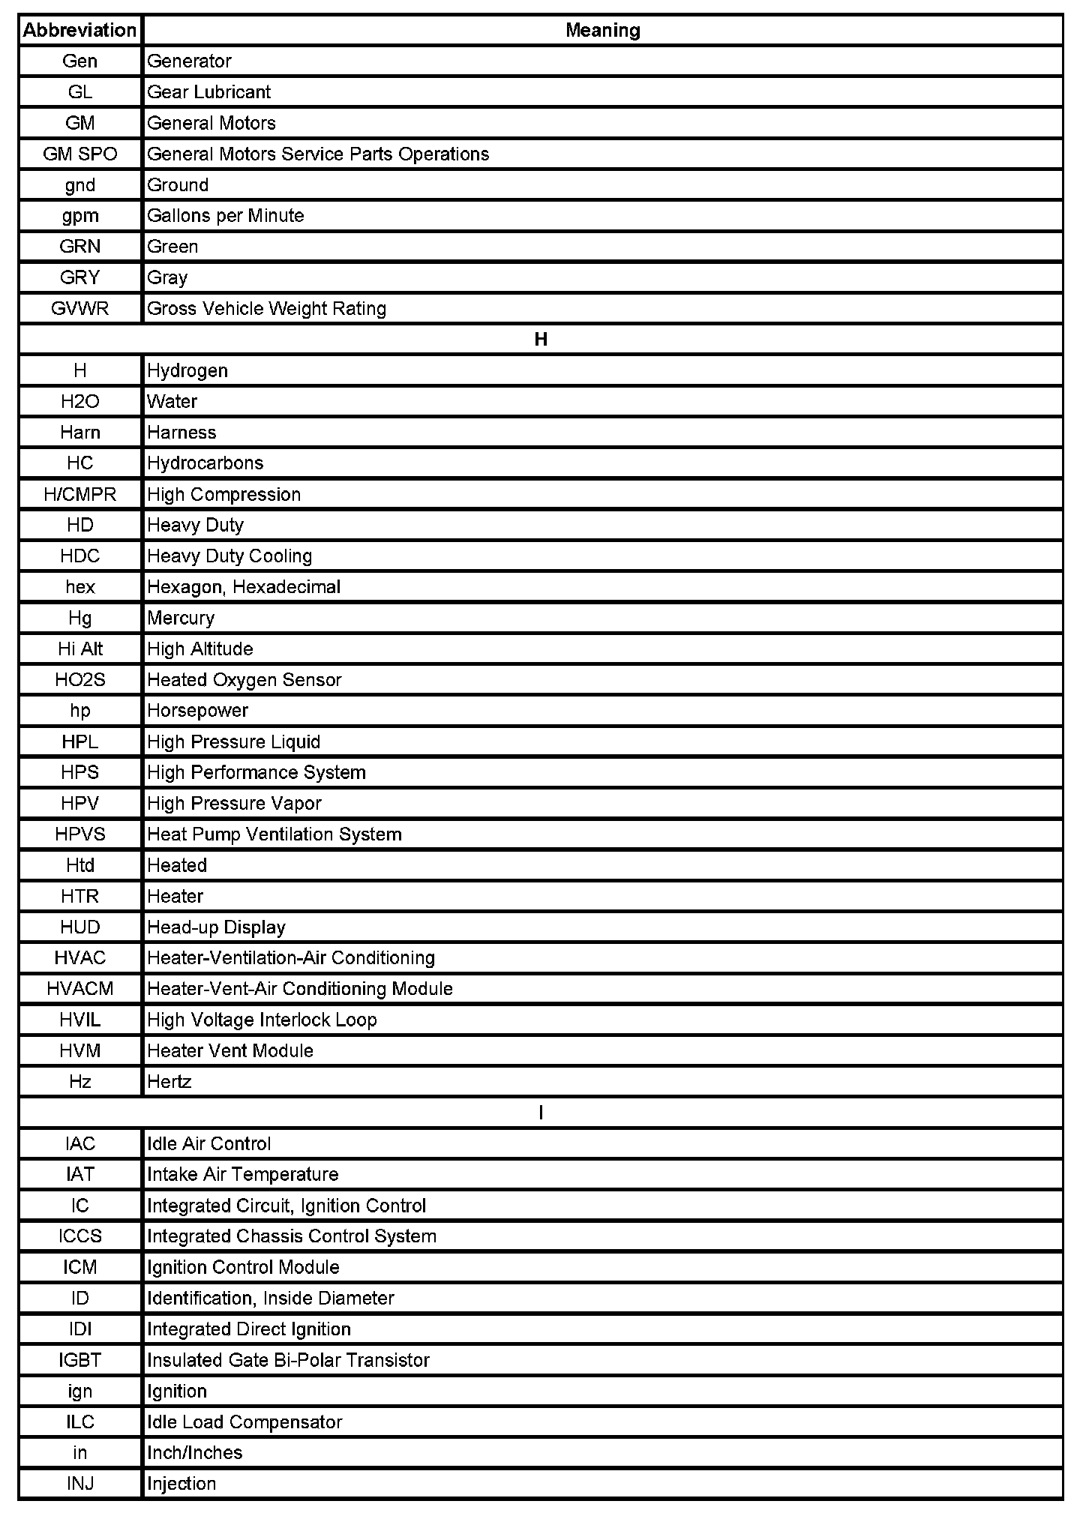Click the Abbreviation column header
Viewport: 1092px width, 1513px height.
pos(79,30)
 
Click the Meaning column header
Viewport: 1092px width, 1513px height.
pos(602,30)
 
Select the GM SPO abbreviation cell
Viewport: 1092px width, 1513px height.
pos(79,154)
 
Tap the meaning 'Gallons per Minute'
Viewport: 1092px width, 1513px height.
pos(225,216)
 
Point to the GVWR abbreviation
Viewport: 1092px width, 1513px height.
pos(79,308)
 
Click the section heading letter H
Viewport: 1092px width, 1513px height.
pos(541,340)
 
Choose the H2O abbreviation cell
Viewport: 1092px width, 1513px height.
pos(79,401)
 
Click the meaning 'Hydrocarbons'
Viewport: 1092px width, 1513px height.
pos(205,463)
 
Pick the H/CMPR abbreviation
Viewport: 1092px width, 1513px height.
pos(79,494)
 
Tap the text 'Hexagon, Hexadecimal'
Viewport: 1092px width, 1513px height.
pos(243,587)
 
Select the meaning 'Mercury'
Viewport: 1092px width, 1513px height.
pos(181,618)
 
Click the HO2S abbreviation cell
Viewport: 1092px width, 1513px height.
pos(79,680)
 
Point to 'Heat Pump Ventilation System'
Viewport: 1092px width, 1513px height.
pos(274,834)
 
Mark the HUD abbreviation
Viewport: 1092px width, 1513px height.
pos(79,927)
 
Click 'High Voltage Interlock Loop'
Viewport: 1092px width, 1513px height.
pos(262,1020)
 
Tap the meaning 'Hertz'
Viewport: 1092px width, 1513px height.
pos(169,1082)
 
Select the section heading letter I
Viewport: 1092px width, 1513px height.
pos(541,1113)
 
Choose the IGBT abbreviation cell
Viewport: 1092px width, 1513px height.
pos(79,1360)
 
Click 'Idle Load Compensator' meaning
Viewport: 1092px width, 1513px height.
pos(244,1422)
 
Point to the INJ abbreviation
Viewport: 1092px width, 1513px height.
pos(79,1483)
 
